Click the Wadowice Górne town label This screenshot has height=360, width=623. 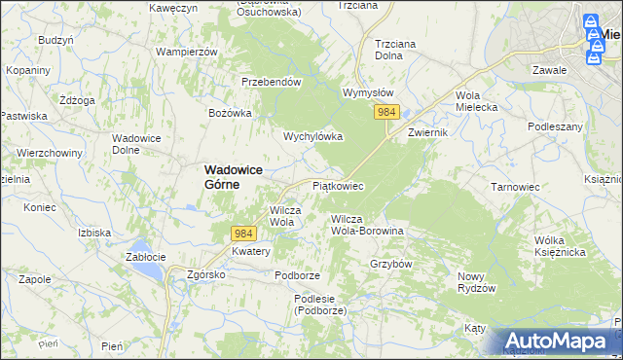coord(235,175)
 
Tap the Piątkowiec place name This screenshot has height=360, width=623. coord(338,185)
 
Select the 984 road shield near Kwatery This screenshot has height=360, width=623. coord(244,234)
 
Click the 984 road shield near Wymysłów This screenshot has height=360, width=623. coord(386,113)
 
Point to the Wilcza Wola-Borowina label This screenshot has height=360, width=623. coord(367,225)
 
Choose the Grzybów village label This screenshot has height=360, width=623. coord(392,264)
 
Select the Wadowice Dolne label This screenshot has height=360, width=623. coord(137,144)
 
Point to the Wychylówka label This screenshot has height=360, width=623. coord(313,136)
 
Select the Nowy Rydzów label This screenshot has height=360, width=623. coord(477,282)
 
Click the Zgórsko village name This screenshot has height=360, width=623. coord(206,274)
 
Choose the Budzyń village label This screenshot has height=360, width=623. coord(55,40)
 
